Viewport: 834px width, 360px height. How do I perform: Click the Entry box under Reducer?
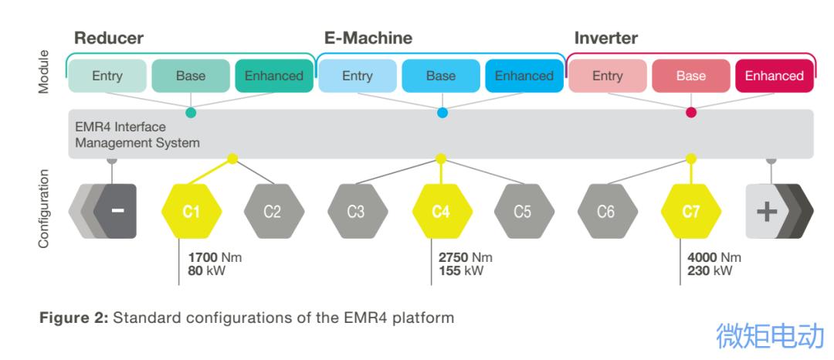pyautogui.click(x=107, y=76)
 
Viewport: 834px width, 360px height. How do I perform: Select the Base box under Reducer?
pyautogui.click(x=191, y=76)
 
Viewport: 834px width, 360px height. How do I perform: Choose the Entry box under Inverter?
pyautogui.click(x=608, y=76)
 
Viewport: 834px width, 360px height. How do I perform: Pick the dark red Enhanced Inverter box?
pyautogui.click(x=774, y=76)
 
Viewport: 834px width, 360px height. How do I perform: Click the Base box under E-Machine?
pyautogui.click(x=441, y=76)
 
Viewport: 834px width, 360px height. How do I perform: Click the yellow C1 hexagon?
pyautogui.click(x=192, y=212)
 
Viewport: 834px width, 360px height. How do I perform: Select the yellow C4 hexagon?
pyautogui.click(x=441, y=212)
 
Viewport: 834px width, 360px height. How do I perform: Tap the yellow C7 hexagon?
pyautogui.click(x=691, y=212)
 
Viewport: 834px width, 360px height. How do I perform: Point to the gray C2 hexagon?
pyautogui.click(x=273, y=212)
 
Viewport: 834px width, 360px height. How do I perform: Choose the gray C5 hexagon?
pyautogui.click(x=524, y=212)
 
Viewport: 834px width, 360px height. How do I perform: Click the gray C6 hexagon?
pyautogui.click(x=607, y=212)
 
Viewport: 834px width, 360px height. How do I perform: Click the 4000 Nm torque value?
pyautogui.click(x=714, y=257)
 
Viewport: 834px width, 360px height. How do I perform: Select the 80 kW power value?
pyautogui.click(x=203, y=270)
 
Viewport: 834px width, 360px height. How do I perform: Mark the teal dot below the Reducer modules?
pyautogui.click(x=191, y=113)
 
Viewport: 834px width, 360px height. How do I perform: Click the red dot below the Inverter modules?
pyautogui.click(x=691, y=113)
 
